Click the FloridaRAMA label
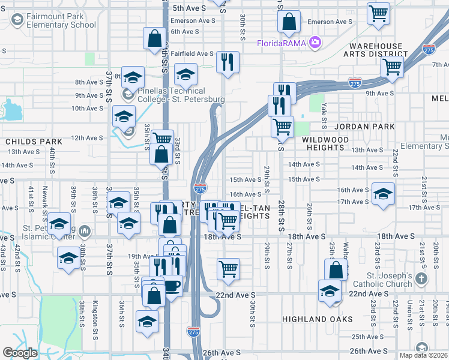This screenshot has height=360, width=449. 282,43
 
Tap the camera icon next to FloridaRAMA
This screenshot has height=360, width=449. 315,43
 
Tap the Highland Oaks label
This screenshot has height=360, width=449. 318,319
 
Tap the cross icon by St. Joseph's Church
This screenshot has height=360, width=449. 422,278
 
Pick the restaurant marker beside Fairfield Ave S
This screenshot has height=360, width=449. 228,62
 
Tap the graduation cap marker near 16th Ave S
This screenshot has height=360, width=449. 383,194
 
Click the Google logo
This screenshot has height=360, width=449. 20,353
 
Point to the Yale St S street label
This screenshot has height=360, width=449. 324,115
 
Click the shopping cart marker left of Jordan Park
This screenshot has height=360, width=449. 282,127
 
